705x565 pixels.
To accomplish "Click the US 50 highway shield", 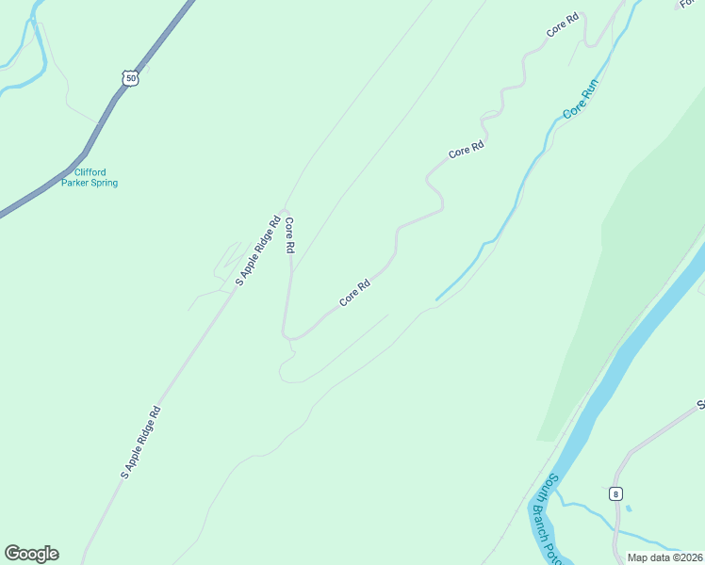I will pyautogui.click(x=130, y=77).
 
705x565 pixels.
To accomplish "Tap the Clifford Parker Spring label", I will pyautogui.click(x=90, y=178).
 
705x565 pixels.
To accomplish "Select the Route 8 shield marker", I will pyautogui.click(x=615, y=493).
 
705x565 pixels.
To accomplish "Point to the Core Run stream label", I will pyautogui.click(x=581, y=99).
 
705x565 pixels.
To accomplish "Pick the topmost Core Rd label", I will pyautogui.click(x=562, y=26).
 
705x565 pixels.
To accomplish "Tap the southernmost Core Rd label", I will pyautogui.click(x=353, y=295).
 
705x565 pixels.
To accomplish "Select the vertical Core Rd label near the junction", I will pyautogui.click(x=290, y=235).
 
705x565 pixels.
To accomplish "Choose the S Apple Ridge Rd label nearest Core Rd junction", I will pyautogui.click(x=257, y=251).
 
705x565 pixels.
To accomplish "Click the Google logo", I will pyautogui.click(x=31, y=554).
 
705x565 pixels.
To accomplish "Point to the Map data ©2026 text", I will pyautogui.click(x=665, y=557).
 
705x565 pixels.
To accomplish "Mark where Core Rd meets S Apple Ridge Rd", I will pyautogui.click(x=285, y=208).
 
